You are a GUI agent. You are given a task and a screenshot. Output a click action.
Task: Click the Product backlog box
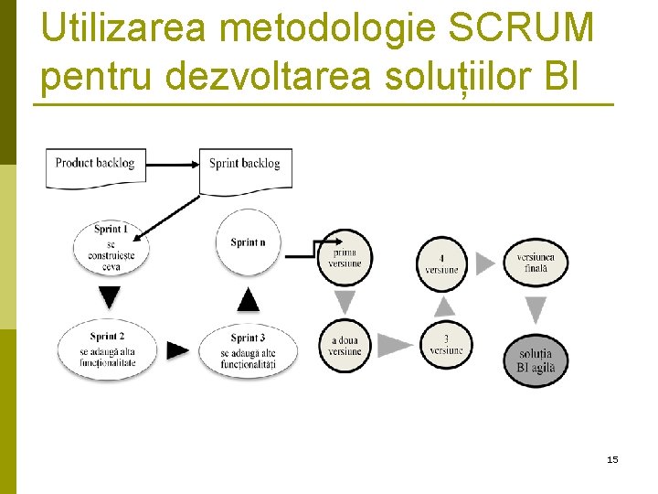pos(95,166)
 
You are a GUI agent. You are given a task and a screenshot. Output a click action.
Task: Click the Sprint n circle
pos(248,242)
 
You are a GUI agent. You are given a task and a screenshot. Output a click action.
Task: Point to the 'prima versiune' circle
pos(346,257)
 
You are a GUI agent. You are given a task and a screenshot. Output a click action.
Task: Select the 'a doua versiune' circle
pos(345,346)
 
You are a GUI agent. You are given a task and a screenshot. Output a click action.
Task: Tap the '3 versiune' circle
pos(446,344)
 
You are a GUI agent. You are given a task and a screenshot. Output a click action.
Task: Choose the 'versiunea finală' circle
pos(536,263)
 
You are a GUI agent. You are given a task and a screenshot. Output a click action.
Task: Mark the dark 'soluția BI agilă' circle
pos(536,360)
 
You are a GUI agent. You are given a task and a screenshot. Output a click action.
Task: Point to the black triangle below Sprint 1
pos(110,297)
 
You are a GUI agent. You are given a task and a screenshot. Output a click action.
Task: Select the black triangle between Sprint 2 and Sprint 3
pos(179,350)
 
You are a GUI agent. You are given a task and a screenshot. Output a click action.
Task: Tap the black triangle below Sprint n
pos(248,299)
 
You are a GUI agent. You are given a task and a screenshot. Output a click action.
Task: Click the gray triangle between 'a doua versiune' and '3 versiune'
pos(395,345)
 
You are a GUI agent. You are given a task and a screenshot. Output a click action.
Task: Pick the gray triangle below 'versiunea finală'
pos(536,309)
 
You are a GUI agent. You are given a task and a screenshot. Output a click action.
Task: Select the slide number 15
pos(612,459)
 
